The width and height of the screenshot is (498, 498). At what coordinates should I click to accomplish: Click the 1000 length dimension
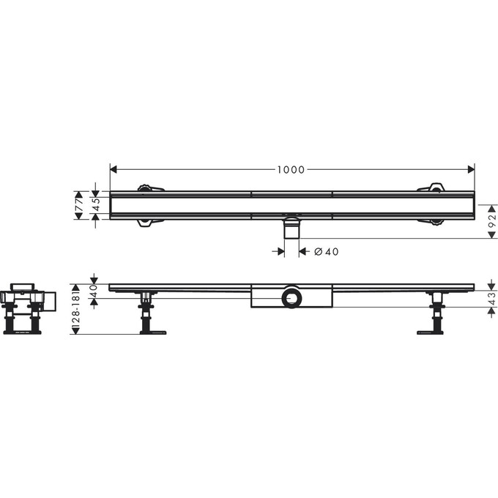pyautogui.click(x=291, y=170)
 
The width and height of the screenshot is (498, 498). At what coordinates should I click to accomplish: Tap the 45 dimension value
pyautogui.click(x=94, y=205)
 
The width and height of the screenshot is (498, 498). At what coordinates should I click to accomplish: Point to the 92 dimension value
pyautogui.click(x=492, y=221)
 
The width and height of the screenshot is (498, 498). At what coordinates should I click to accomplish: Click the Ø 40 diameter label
pyautogui.click(x=327, y=252)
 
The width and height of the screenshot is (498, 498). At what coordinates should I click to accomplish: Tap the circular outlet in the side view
pyautogui.click(x=291, y=297)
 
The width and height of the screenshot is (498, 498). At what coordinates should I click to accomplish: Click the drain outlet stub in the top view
pyautogui.click(x=291, y=227)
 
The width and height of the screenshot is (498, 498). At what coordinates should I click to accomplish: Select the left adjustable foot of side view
pyautogui.click(x=149, y=315)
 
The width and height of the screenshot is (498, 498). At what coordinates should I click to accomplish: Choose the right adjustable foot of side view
pyautogui.click(x=436, y=315)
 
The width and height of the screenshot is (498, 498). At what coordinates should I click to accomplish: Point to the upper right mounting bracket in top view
pyautogui.click(x=433, y=188)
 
